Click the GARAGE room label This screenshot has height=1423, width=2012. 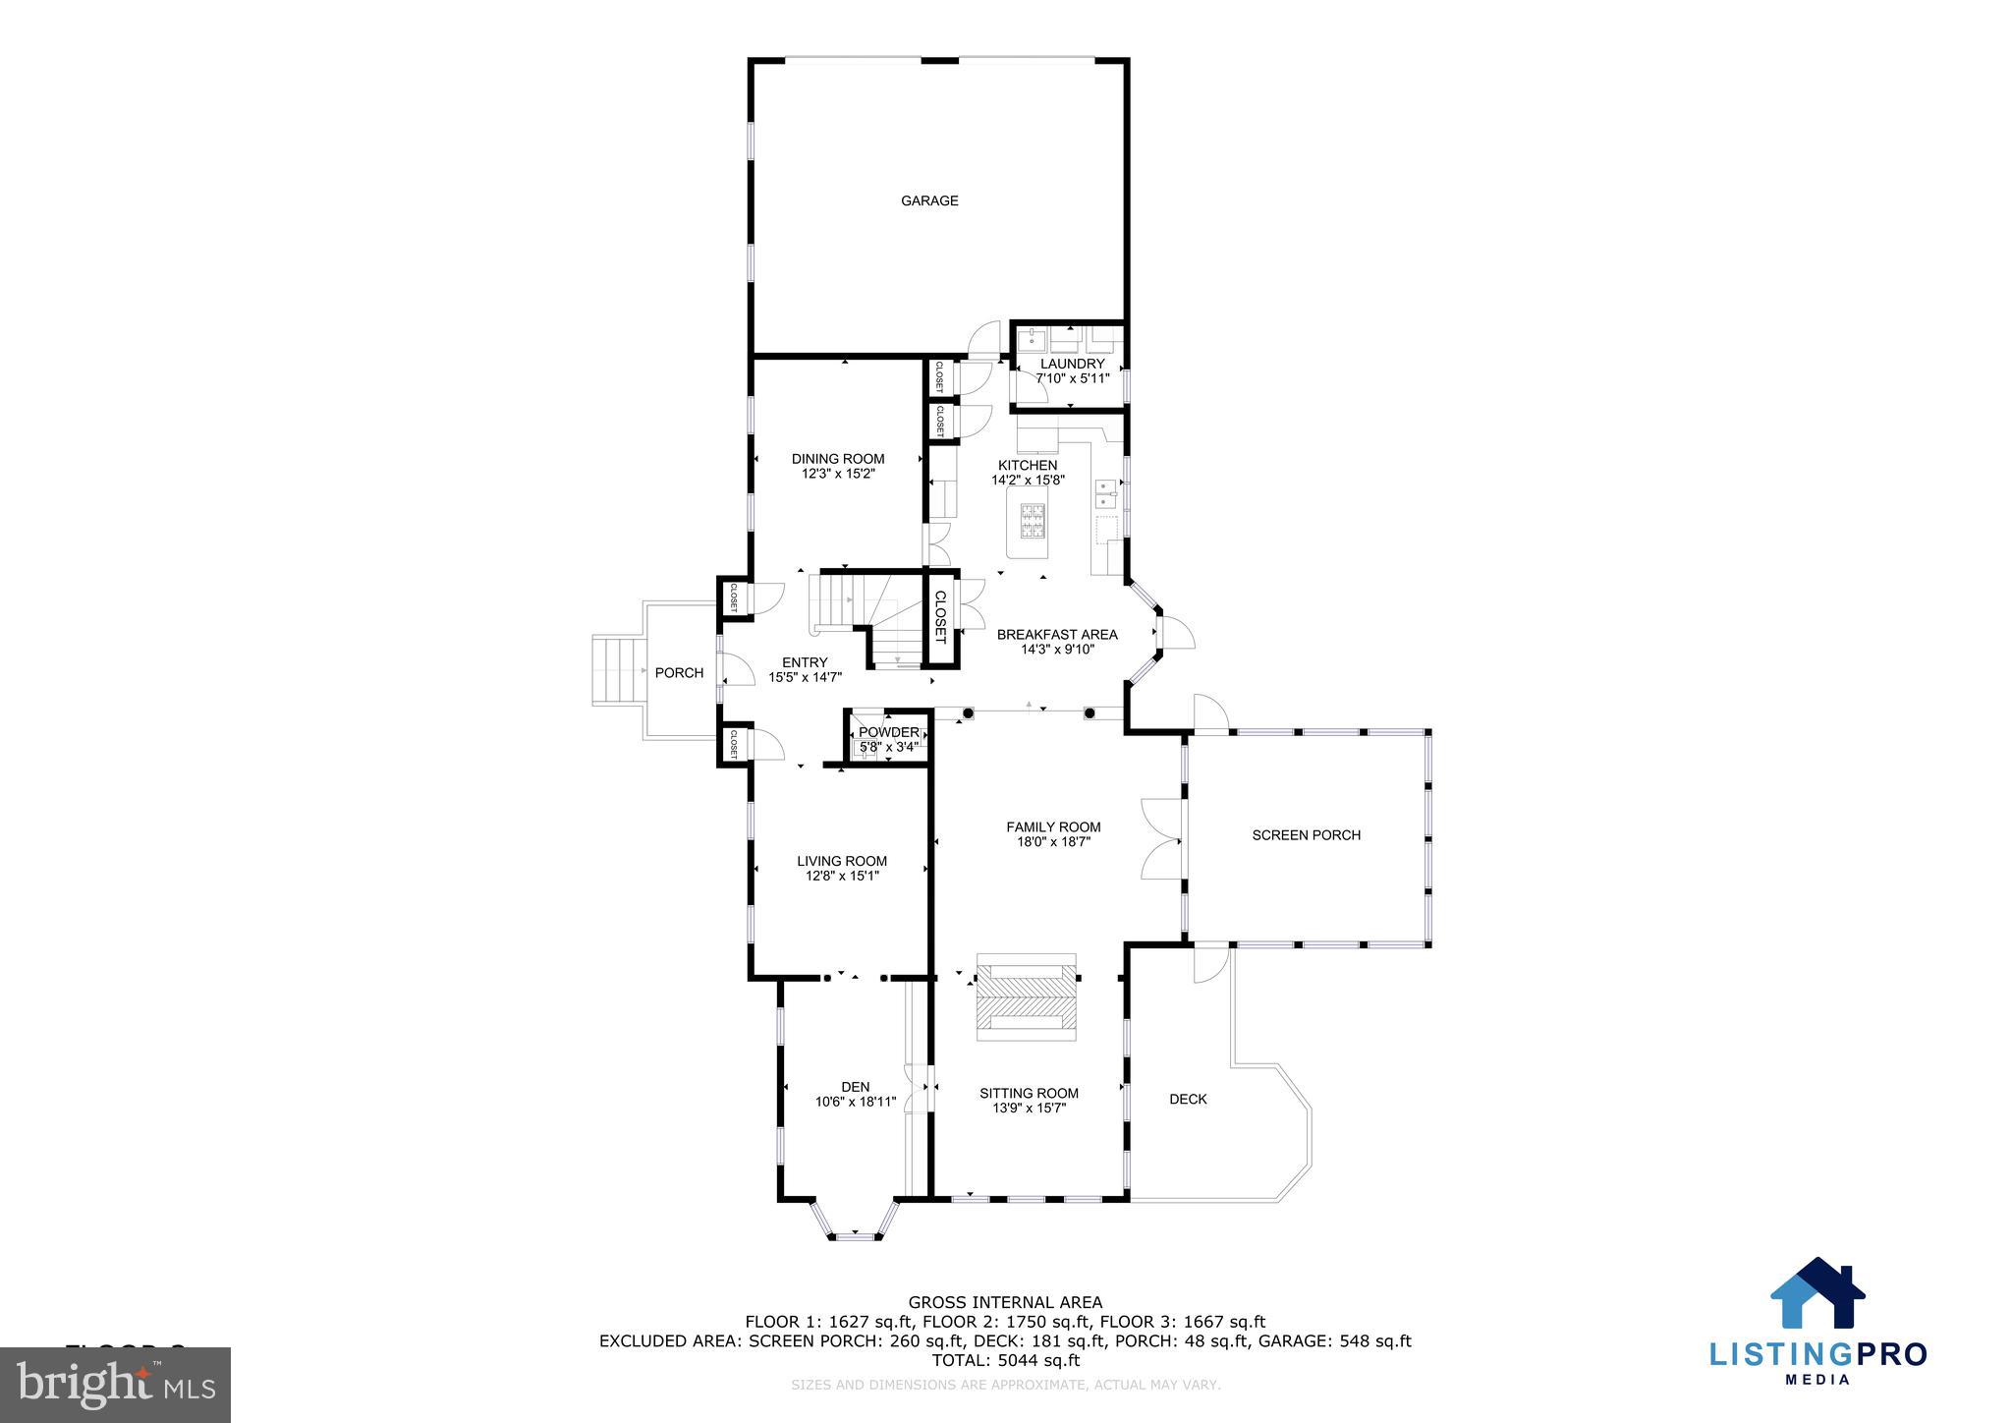click(x=929, y=201)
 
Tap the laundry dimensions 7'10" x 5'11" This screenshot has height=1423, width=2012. click(x=1072, y=377)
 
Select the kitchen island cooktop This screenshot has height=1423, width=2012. click(x=1034, y=523)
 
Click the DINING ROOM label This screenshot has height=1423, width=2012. click(x=838, y=459)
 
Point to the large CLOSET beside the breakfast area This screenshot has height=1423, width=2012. click(x=939, y=617)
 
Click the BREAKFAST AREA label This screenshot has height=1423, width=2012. click(x=1057, y=635)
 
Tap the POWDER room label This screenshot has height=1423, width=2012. click(x=888, y=732)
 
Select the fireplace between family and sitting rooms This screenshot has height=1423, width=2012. click(x=1026, y=996)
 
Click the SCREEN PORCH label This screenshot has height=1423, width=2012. click(x=1306, y=835)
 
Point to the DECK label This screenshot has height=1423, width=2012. click(x=1188, y=1099)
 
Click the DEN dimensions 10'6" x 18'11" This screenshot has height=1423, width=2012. click(x=856, y=1102)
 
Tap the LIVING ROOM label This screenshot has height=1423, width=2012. click(x=842, y=861)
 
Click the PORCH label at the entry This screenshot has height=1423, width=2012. click(x=679, y=673)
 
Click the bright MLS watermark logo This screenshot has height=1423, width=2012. click(x=116, y=1385)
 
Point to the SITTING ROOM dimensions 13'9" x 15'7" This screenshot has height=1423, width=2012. click(x=1029, y=1109)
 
